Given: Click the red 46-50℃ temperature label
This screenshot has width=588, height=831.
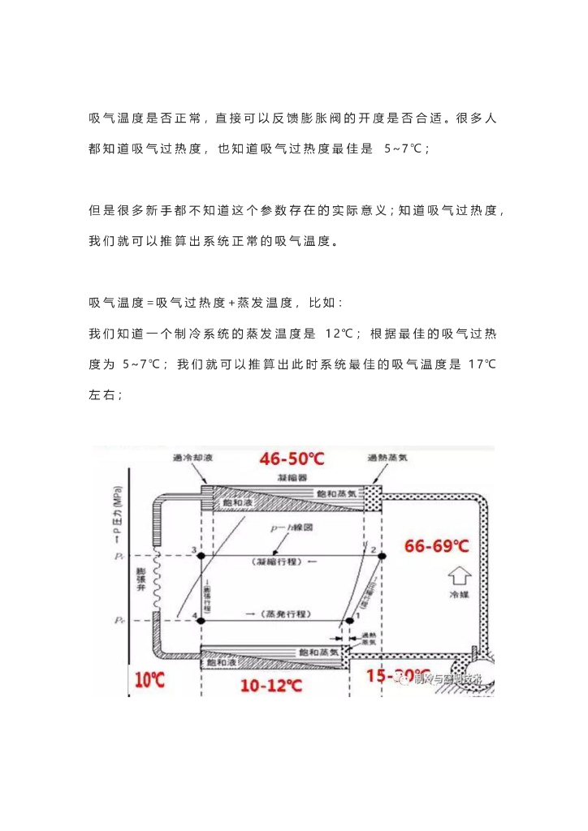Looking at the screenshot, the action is [292, 459].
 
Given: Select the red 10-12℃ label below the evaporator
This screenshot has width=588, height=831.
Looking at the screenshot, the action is [272, 685].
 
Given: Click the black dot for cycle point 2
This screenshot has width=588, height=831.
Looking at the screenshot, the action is [383, 555].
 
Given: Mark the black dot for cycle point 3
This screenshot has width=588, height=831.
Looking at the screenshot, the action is [202, 555].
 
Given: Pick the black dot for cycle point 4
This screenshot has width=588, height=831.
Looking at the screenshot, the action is [202, 619].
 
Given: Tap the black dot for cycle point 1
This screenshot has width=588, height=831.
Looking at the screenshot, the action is [349, 619].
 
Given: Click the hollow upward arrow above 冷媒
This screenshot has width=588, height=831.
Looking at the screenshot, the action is [460, 576].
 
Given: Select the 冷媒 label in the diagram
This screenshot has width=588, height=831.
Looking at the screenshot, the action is [460, 594].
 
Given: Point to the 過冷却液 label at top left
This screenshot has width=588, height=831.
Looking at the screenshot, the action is [192, 459].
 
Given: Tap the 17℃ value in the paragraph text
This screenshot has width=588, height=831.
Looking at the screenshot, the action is [482, 364].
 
